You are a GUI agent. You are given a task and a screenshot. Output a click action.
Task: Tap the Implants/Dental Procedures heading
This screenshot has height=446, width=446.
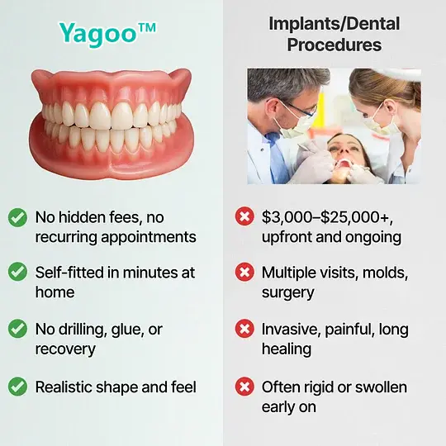[334, 33]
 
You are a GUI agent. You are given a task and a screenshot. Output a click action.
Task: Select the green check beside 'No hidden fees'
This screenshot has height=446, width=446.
[17, 218]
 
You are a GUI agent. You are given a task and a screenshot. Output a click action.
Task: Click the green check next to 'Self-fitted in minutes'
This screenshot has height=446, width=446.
[17, 272]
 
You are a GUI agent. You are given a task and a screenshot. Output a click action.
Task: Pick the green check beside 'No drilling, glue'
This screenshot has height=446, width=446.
[17, 329]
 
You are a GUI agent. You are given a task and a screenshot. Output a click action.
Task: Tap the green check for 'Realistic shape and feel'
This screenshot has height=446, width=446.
[17, 386]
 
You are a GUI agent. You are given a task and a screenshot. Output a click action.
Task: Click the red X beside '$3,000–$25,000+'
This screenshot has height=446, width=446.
[244, 218]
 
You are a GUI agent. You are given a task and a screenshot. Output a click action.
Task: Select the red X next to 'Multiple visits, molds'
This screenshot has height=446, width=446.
[244, 272]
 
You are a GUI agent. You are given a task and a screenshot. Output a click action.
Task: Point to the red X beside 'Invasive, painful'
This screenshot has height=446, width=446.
[244, 329]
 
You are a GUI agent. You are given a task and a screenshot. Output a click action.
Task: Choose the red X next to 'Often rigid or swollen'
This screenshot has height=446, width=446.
[244, 386]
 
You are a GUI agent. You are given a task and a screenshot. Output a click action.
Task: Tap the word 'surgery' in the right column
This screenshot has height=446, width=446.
[289, 292]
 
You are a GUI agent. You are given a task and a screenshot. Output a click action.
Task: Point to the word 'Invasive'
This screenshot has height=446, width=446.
[292, 329]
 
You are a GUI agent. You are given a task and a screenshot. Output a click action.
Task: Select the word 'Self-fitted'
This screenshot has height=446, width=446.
[71, 272]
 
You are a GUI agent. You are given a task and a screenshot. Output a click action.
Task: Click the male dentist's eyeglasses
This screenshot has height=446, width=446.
[301, 108]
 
